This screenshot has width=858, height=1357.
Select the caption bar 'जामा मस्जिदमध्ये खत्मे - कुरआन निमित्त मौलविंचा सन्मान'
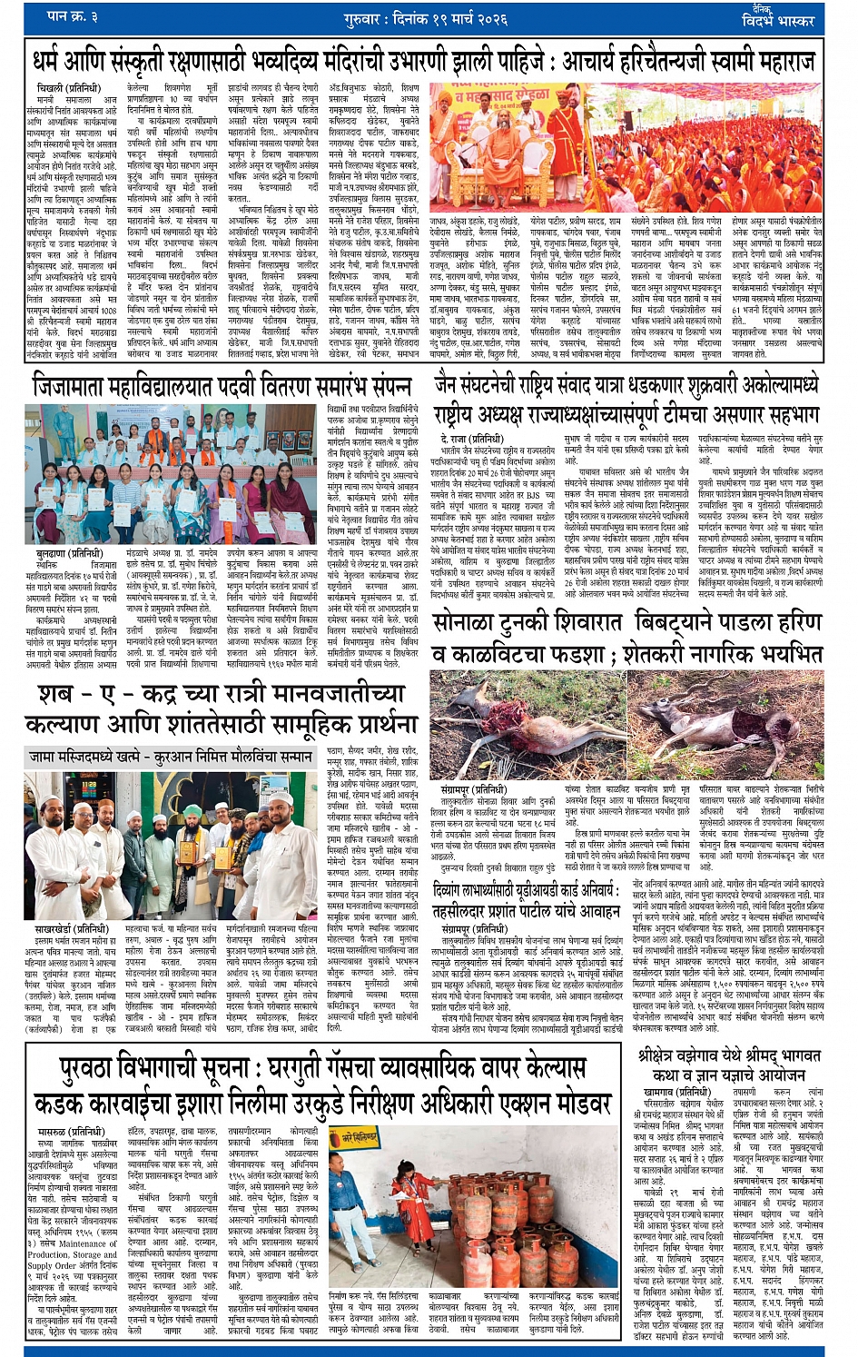pyautogui.click(x=170, y=756)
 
